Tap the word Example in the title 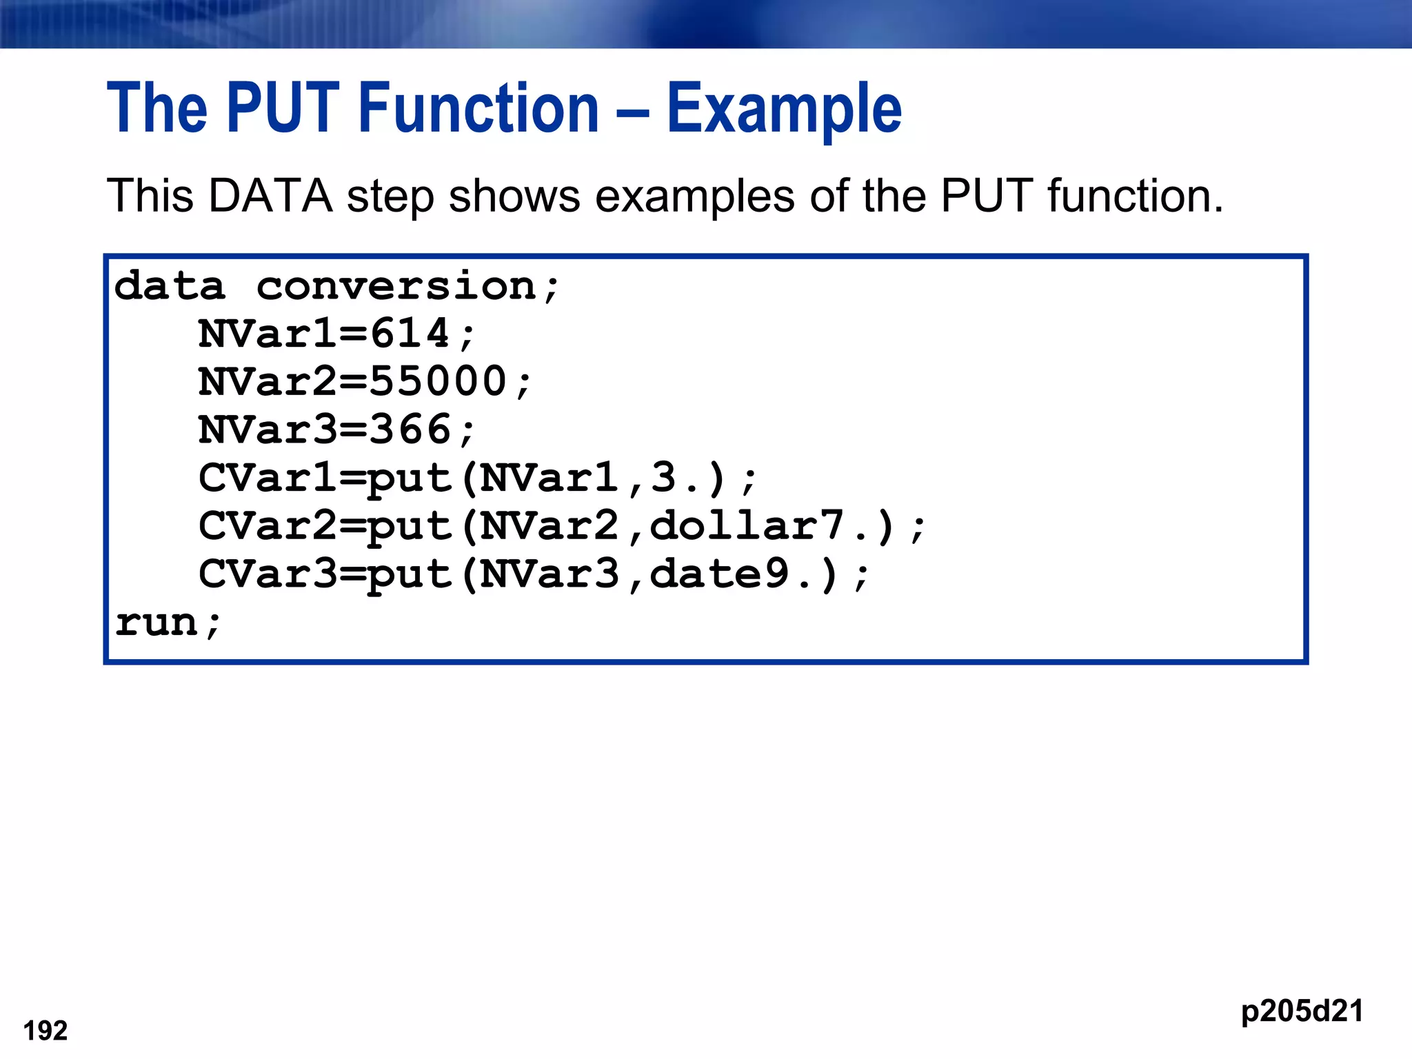click(x=784, y=108)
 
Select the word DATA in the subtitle click(x=270, y=196)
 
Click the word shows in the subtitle click(x=514, y=196)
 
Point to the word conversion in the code click(x=396, y=286)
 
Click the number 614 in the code click(x=410, y=334)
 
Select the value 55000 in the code click(x=438, y=382)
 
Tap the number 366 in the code click(x=410, y=430)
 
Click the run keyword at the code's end click(x=157, y=623)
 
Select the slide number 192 click(x=46, y=1031)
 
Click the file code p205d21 click(x=1302, y=1011)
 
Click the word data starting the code click(x=170, y=286)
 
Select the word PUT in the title click(x=283, y=108)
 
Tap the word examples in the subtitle click(x=695, y=197)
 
